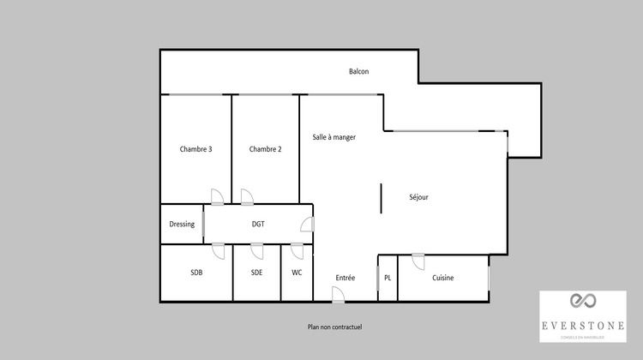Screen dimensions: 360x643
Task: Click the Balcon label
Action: pyautogui.click(x=358, y=71)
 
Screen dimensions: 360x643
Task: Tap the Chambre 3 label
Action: pyautogui.click(x=195, y=149)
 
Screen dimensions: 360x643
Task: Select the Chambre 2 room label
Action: pyautogui.click(x=265, y=149)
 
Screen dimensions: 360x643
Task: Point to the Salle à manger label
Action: pyautogui.click(x=334, y=137)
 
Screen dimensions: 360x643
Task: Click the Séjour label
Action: pyautogui.click(x=418, y=197)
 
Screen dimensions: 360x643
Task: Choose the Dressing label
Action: pyautogui.click(x=182, y=225)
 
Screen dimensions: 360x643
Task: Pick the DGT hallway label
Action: pyautogui.click(x=258, y=225)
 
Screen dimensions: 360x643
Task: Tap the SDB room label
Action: pyautogui.click(x=196, y=273)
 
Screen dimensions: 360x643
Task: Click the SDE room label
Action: pyautogui.click(x=256, y=273)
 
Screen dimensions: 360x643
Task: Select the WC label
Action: pyautogui.click(x=297, y=273)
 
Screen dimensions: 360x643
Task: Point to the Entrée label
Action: pyautogui.click(x=346, y=278)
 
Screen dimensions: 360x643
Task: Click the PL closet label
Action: pyautogui.click(x=388, y=278)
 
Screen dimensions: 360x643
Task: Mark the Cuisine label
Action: pyautogui.click(x=443, y=278)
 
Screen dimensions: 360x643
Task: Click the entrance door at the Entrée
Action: pyautogui.click(x=338, y=295)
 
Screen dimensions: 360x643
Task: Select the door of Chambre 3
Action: pyautogui.click(x=217, y=197)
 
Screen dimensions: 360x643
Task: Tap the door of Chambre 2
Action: pyautogui.click(x=247, y=197)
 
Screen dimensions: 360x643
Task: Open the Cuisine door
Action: pyautogui.click(x=418, y=261)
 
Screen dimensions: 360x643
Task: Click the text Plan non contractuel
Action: pyautogui.click(x=335, y=327)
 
